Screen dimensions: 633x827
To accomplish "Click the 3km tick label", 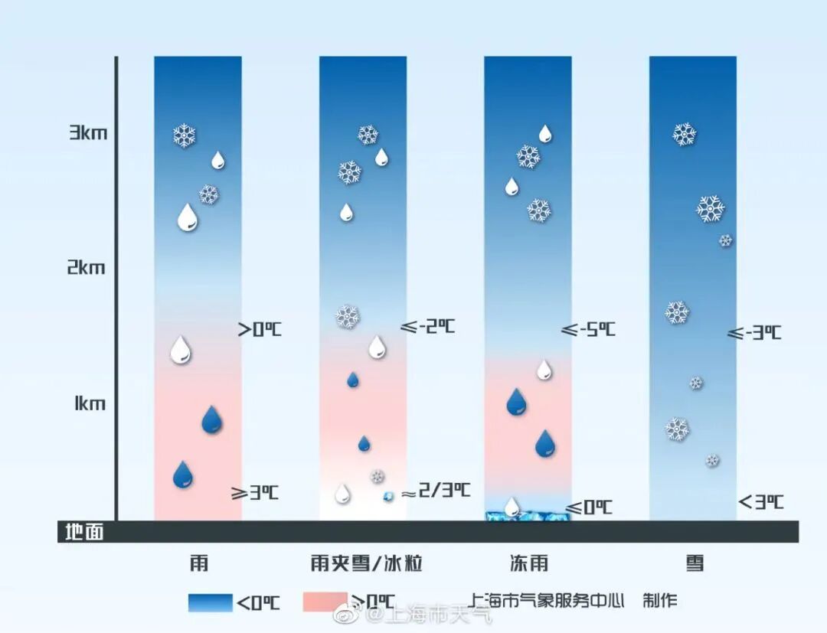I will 88,133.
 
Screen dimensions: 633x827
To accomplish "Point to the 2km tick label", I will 86,268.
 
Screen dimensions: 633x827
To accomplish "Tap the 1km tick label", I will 90,403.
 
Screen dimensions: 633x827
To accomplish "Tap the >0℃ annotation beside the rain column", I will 260,330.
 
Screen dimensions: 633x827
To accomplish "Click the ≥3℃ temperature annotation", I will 255,493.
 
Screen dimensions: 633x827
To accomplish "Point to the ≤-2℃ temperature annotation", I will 427,326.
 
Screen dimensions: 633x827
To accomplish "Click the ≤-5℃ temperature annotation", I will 588,330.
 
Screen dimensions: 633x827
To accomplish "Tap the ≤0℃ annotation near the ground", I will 589,507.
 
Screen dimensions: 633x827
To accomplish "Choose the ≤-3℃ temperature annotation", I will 754,333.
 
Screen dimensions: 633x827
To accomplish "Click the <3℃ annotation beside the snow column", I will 760,502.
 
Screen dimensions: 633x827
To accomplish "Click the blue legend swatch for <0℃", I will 210,602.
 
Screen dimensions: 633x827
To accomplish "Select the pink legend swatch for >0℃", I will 325,602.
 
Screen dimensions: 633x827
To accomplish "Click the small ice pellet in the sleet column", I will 388,497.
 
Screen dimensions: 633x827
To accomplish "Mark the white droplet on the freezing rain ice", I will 512,506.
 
